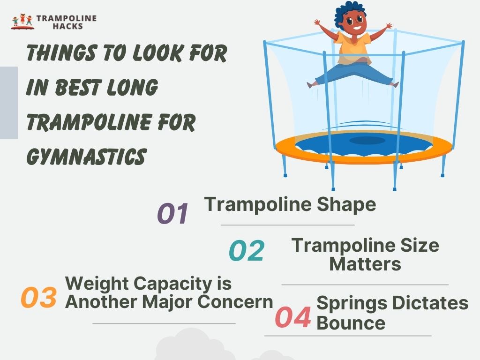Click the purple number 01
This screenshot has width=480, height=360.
pos(172,214)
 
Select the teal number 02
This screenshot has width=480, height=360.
pos(247,251)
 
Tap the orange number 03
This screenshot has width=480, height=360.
pos(39,298)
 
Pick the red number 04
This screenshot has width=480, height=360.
pos(293,318)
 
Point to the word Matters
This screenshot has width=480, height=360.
pos(365,264)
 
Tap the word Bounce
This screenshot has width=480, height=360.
pos(351,323)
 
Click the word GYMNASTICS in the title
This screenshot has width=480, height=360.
pos(86,156)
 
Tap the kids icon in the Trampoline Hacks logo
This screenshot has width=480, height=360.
pos(22,22)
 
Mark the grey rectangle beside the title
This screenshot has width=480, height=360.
pos(8,103)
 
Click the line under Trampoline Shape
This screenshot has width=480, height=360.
pos(287,225)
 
